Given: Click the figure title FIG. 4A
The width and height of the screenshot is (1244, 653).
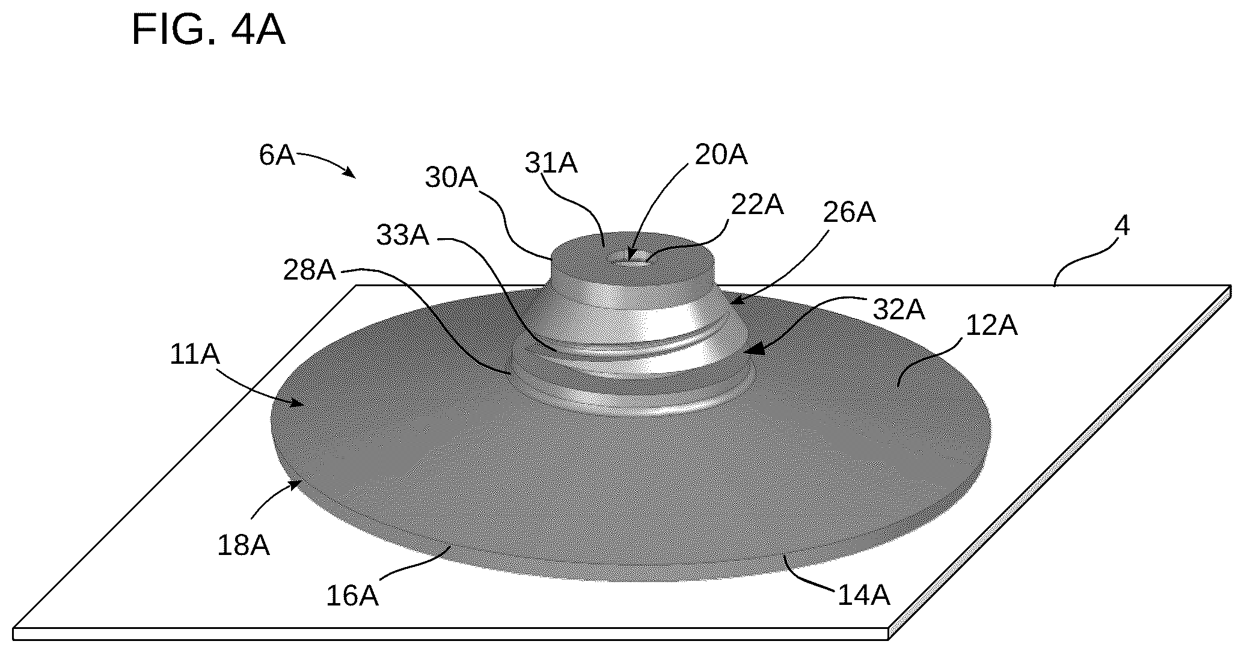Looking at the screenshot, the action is [x=208, y=30].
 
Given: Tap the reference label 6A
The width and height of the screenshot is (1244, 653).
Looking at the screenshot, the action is [x=277, y=155].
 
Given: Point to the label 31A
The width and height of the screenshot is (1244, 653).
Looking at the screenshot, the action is [x=551, y=163].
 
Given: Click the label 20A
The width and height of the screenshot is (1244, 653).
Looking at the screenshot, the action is [x=721, y=155].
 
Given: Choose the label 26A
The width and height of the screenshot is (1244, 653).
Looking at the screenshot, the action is [x=849, y=212].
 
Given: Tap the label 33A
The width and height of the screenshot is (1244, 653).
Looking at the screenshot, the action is [x=403, y=235].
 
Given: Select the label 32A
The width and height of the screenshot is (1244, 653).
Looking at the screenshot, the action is [x=899, y=310].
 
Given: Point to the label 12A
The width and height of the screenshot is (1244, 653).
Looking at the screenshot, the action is [x=991, y=325].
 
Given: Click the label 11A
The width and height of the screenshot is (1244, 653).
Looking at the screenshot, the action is [x=195, y=355].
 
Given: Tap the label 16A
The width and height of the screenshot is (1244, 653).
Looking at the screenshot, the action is [x=352, y=595].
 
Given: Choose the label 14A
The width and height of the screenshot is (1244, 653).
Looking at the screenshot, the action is [x=863, y=595].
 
